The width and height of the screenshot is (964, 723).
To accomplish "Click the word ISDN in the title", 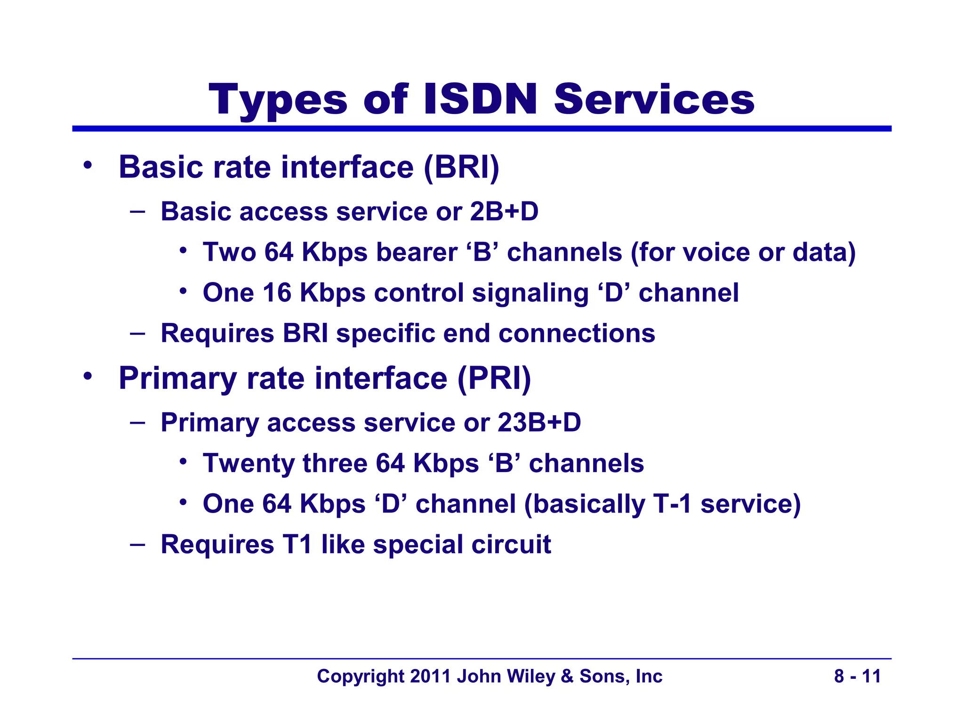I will click(480, 100).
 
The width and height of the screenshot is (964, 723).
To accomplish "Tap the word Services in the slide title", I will click(654, 100).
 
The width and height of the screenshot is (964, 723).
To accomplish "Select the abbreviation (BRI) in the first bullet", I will click(461, 168).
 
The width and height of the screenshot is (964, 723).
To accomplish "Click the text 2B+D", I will click(504, 212).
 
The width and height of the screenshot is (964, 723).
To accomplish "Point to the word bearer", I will click(417, 253).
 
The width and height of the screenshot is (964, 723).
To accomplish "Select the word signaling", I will click(530, 294).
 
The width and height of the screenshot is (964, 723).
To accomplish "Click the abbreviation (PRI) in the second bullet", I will click(494, 378).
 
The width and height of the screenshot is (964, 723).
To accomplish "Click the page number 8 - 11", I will click(857, 676).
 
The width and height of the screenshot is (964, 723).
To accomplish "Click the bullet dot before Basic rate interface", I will click(87, 166).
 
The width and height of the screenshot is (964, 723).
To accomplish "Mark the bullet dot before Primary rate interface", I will click(87, 377).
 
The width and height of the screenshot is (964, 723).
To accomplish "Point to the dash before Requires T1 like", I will click(137, 545).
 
